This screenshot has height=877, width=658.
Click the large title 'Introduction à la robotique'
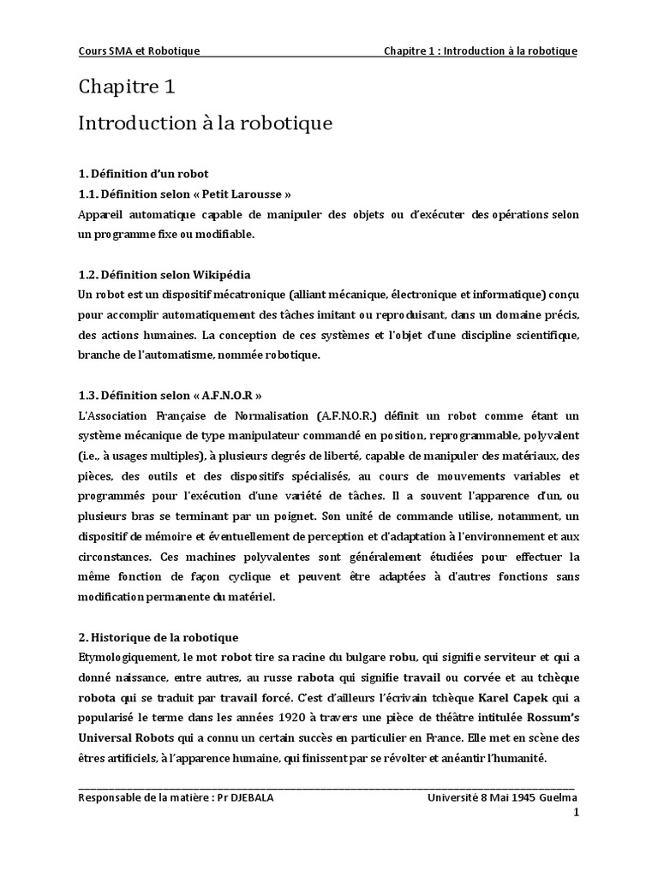[205, 123]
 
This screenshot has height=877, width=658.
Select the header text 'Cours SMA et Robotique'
[139, 51]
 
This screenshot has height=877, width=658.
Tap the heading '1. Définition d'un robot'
[143, 174]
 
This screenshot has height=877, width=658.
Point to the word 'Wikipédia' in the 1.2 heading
[222, 274]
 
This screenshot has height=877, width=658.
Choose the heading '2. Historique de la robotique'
[158, 637]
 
